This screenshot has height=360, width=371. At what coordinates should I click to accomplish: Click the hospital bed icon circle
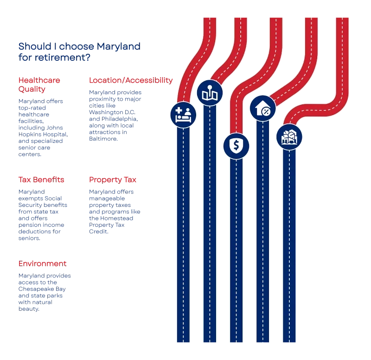(184, 114)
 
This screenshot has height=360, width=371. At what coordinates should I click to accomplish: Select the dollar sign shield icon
(237, 146)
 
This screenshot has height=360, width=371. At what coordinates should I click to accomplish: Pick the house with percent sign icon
(263, 109)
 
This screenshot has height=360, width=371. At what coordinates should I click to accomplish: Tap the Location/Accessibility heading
(131, 80)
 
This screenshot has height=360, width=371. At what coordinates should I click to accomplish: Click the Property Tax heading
(113, 179)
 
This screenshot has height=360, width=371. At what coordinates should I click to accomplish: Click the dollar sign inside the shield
(237, 146)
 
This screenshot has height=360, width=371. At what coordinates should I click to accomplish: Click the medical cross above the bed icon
(179, 111)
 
